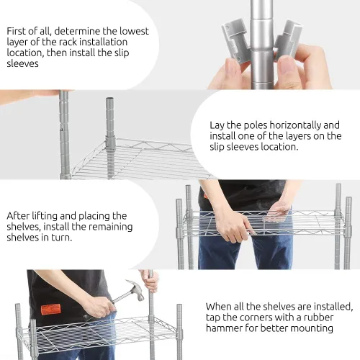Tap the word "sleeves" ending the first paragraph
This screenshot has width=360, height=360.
pos(22,63)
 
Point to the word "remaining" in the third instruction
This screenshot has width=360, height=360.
pos(112,227)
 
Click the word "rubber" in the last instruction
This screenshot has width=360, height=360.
pos(318,318)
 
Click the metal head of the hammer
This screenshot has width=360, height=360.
pos(135,289)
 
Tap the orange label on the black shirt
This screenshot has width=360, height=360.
pos(50,310)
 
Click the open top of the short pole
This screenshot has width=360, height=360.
pos(109,99)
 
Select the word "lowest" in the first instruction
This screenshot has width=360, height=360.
pos(135,31)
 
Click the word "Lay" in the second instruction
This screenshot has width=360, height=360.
pos(217,125)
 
